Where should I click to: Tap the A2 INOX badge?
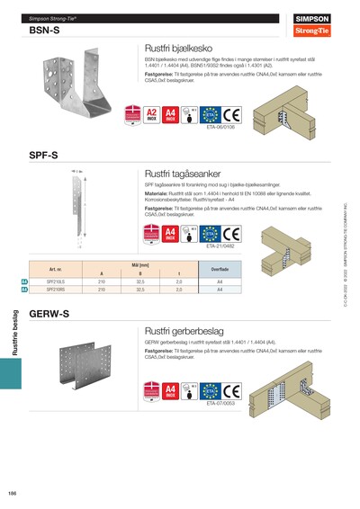[x=152, y=115]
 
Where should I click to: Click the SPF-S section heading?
[x=44, y=155]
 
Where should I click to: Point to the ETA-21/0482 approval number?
[x=220, y=246]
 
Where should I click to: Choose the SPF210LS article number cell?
[x=55, y=282]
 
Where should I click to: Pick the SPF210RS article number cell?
[x=55, y=290]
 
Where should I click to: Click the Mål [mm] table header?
[x=139, y=265]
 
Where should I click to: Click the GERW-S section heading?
[x=49, y=316]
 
